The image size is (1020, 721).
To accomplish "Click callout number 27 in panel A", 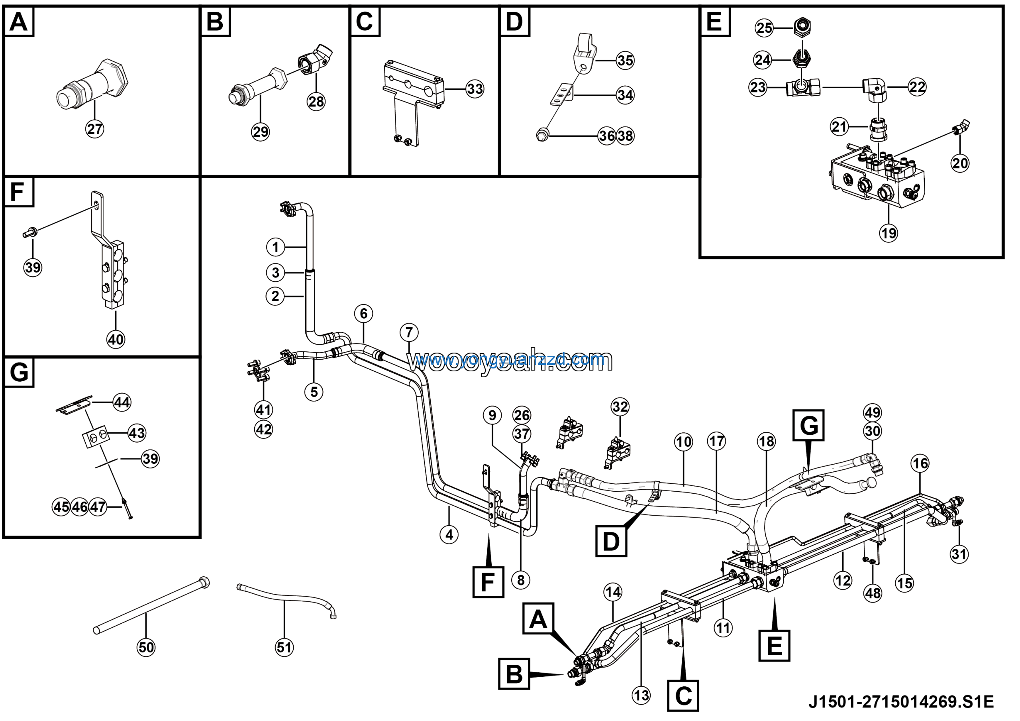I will click(x=94, y=129).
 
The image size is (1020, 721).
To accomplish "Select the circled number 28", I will click(x=316, y=101).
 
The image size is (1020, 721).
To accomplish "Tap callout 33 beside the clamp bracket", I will click(x=475, y=89).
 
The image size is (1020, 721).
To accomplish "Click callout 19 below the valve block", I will click(x=889, y=233).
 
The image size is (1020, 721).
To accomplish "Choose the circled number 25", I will click(x=764, y=28).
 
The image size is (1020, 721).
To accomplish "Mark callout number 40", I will click(x=116, y=340).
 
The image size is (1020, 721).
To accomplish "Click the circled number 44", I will click(x=122, y=402).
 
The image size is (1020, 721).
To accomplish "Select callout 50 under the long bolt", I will click(x=146, y=647).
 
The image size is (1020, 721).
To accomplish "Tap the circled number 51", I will click(x=284, y=647).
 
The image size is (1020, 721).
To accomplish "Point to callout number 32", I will click(x=620, y=406).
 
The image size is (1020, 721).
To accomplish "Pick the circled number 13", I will click(x=641, y=695).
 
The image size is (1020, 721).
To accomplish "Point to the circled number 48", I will click(x=873, y=593).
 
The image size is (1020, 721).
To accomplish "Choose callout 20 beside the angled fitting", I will click(x=960, y=163).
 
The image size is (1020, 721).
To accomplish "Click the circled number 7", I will click(x=409, y=332).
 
